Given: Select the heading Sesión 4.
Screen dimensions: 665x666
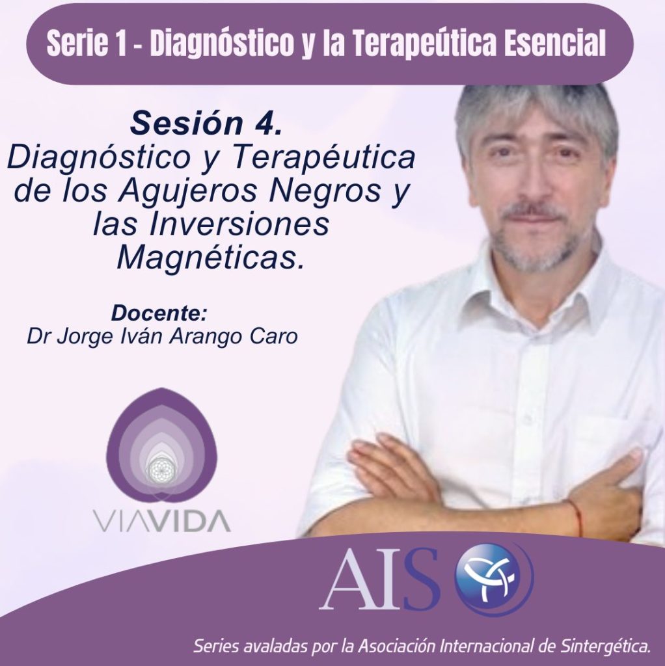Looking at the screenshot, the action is coord(206,123).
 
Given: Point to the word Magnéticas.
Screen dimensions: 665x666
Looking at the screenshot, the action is coord(211,258).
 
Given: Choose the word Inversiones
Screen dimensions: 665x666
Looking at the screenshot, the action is coord(239,224).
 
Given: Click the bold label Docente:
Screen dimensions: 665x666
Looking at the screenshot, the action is coord(159,313).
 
